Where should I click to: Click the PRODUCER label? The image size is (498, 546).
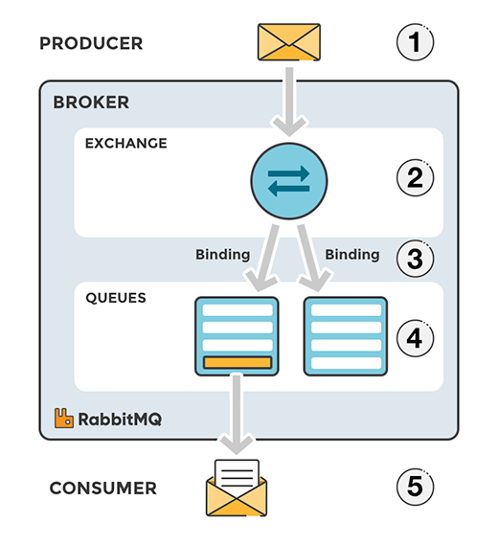(91, 43)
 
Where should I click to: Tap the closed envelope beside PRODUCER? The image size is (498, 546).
(289, 42)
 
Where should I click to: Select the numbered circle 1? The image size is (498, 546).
(415, 43)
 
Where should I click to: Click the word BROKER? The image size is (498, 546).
(91, 102)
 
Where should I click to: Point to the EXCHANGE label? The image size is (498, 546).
(126, 144)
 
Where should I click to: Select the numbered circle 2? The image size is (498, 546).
(415, 178)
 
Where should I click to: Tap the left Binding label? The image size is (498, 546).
(222, 255)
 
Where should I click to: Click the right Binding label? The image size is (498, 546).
(351, 255)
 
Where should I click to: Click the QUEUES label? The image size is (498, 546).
(116, 298)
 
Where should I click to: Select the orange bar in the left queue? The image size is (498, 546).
(237, 363)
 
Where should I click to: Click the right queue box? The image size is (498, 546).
(345, 335)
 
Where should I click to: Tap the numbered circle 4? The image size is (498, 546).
(415, 337)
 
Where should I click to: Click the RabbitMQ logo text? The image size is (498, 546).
(112, 418)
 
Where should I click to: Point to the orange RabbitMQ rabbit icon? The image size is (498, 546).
(64, 418)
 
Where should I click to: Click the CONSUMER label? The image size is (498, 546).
(103, 489)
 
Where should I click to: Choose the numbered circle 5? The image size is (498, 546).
(415, 488)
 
